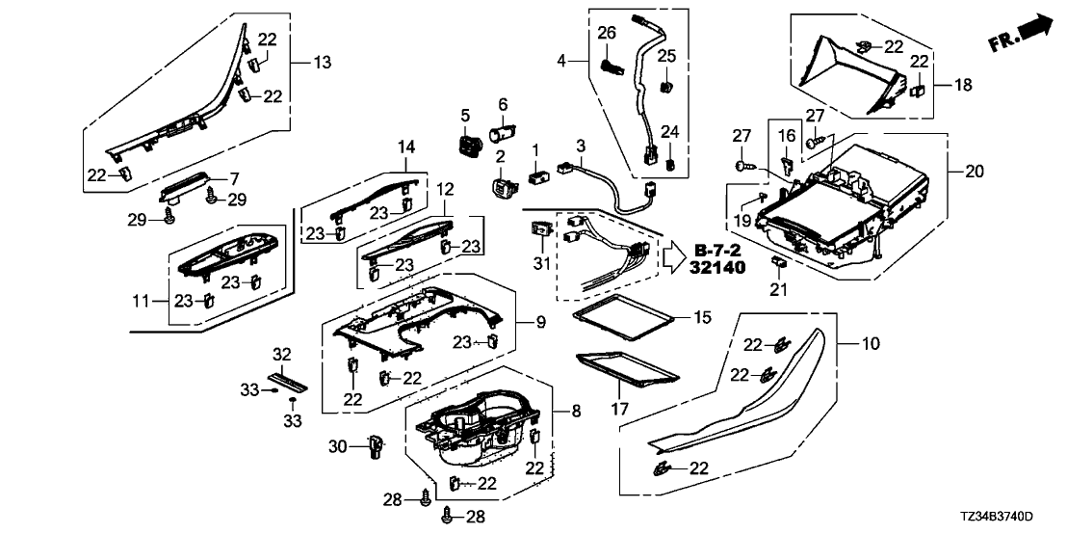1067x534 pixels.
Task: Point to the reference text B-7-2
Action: (x=716, y=251)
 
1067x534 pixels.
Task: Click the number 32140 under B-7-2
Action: (x=717, y=267)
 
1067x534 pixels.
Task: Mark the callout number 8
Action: (x=576, y=411)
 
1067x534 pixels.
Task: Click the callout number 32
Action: (x=281, y=355)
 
